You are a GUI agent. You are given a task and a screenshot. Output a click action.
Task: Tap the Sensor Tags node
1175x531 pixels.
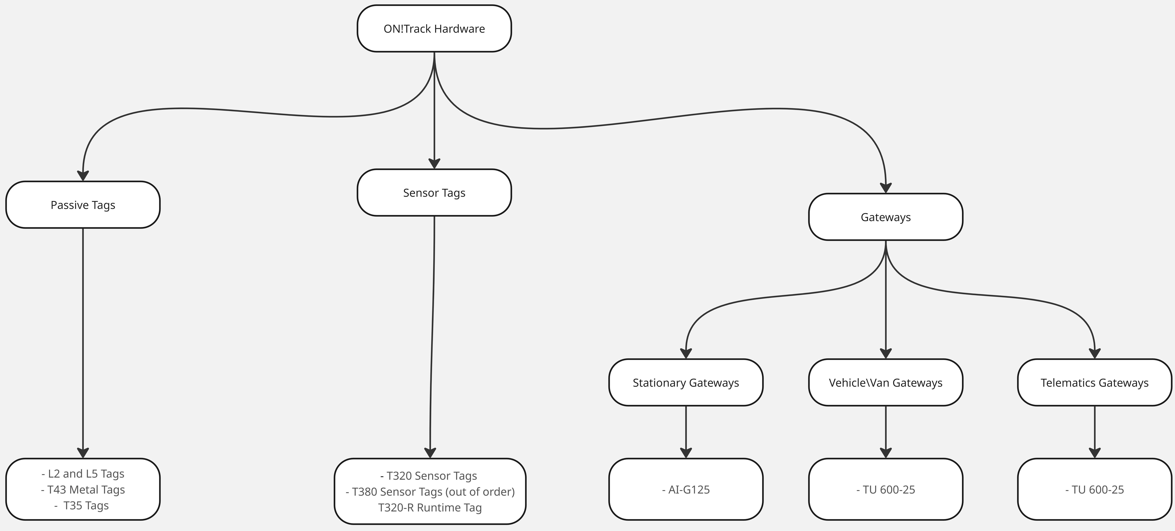pyautogui.click(x=434, y=193)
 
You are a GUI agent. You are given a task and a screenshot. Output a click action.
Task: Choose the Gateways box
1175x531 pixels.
pyautogui.click(x=886, y=217)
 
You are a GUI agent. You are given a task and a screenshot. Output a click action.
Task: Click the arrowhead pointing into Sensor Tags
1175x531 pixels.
pyautogui.click(x=434, y=164)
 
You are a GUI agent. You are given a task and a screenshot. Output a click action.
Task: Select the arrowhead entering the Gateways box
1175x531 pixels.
pyautogui.click(x=886, y=188)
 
